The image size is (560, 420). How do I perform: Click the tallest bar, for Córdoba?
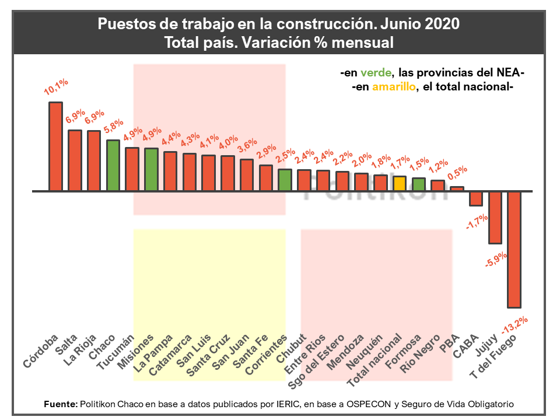pyautogui.click(x=55, y=146)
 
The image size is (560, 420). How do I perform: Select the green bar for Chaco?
pyautogui.click(x=113, y=165)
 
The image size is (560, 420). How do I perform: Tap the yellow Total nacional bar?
pyautogui.click(x=399, y=183)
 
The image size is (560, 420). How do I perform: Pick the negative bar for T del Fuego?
pyautogui.click(x=514, y=249)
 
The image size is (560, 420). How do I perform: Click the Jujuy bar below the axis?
pyautogui.click(x=495, y=217)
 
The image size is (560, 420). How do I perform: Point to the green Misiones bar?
pyautogui.click(x=151, y=169)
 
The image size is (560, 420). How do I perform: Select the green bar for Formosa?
pyautogui.click(x=418, y=184)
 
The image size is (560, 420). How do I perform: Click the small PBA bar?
pyautogui.click(x=457, y=188)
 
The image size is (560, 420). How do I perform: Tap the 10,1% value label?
pyautogui.click(x=56, y=87)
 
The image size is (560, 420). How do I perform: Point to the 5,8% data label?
pyautogui.click(x=113, y=126)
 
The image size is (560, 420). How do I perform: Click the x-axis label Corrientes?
pyautogui.click(x=268, y=355)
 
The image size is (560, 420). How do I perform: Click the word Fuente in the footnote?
pyautogui.click(x=60, y=404)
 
